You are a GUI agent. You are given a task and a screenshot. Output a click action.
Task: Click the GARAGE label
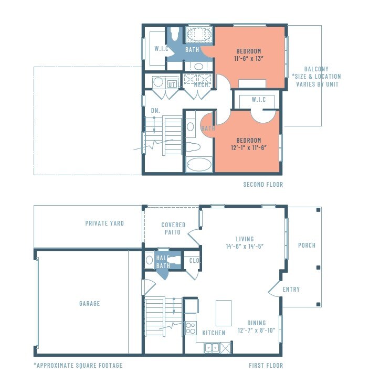pos(89,303)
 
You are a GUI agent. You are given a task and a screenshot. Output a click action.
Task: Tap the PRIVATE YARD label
pos(104,223)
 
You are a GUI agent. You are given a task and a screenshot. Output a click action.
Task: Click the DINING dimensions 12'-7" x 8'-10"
pos(256,330)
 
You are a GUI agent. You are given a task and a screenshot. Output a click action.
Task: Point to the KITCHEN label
pos(214,333)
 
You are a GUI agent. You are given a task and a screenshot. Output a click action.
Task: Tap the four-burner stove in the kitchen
pos(190,328)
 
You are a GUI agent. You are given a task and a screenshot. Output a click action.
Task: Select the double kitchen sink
pos(213,347)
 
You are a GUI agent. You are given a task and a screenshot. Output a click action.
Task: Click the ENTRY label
pos(291,290)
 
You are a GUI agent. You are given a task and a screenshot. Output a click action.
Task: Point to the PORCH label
pos(307,246)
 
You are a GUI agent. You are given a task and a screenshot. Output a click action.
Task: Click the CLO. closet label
pos(194,260)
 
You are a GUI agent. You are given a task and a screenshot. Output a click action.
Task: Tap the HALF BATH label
pos(163,262)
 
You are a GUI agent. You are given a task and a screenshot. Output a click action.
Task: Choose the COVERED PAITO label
pos(173,228)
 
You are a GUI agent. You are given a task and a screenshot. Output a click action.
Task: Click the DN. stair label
pos(155,111)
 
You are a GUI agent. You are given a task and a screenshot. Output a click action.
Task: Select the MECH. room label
pos(202,84)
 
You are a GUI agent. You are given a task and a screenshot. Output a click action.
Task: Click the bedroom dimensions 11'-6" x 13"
pos(249,58)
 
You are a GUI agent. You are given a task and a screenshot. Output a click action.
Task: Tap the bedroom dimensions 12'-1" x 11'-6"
pos(248,147)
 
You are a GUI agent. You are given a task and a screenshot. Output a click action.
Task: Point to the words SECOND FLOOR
pos(263,185)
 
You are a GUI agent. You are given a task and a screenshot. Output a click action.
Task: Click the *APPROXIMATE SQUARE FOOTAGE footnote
pos(78,365)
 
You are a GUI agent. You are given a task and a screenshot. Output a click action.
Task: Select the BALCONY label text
pos(316,69)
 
